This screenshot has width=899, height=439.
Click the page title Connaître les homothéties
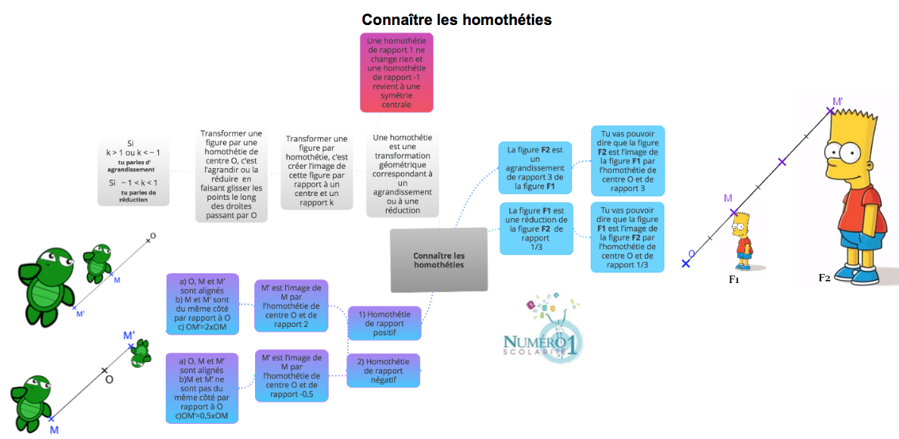(456, 20)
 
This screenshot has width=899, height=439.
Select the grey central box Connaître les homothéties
(439, 260)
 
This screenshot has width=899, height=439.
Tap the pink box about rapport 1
(397, 72)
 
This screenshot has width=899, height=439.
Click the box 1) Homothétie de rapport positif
(384, 323)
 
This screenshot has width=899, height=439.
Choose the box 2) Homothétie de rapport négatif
(384, 371)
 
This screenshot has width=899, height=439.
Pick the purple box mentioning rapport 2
(291, 306)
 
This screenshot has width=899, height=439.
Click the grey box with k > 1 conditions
(133, 172)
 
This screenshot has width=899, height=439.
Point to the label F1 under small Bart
(733, 279)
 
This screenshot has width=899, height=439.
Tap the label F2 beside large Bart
(824, 278)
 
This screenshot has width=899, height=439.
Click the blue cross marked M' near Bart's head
(830, 111)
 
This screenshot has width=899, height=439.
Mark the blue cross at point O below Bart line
(686, 263)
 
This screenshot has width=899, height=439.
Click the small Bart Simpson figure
(744, 241)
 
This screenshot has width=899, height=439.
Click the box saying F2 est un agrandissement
(536, 167)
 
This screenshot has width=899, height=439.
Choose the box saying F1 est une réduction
(536, 227)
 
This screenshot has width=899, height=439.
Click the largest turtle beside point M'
(46, 276)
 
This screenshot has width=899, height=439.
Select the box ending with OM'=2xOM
(201, 303)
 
